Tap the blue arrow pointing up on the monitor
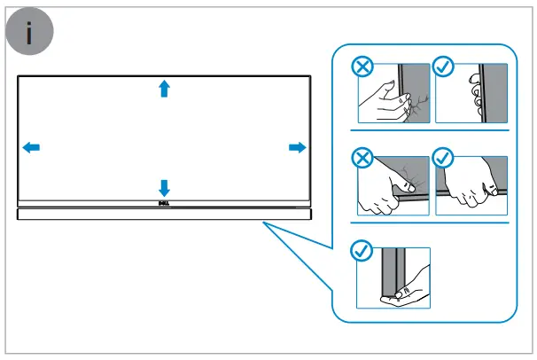(x=163, y=88)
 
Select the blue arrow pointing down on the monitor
(x=163, y=187)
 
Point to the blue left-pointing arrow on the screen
(x=30, y=147)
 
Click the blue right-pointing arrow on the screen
(x=297, y=147)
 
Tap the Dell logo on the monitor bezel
(x=163, y=203)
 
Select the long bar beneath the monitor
(x=164, y=215)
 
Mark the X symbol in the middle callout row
(x=362, y=159)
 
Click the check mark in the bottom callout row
(x=362, y=252)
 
